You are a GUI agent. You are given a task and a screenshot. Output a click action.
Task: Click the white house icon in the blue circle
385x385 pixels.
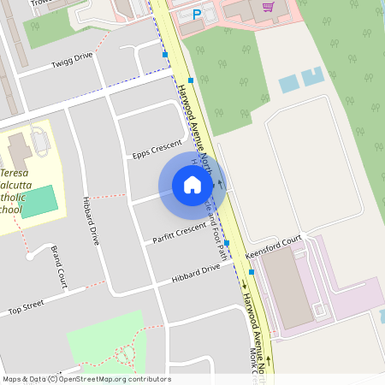click(192, 184)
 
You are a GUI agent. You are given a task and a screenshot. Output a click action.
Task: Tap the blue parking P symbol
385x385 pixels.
click(198, 15)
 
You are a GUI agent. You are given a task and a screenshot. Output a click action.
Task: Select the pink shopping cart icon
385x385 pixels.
click(269, 7)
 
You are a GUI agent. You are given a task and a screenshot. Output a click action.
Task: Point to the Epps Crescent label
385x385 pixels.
click(157, 149)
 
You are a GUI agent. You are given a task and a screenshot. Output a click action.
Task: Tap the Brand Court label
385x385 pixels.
click(59, 266)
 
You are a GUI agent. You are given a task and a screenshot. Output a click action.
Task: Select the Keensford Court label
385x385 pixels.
click(275, 246)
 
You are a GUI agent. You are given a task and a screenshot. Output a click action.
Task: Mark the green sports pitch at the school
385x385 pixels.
click(39, 200)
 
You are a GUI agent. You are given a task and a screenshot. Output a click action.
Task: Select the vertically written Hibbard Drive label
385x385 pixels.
click(90, 221)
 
